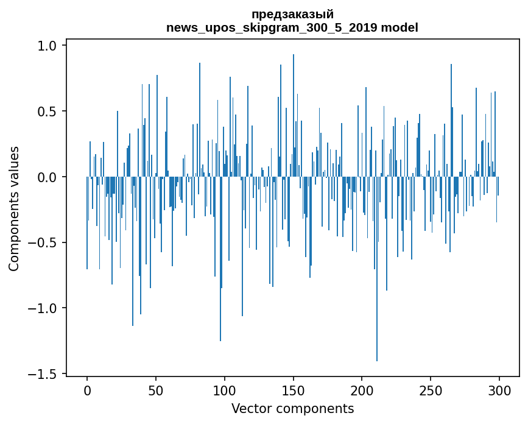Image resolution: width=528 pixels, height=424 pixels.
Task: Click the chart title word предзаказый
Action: (292, 15)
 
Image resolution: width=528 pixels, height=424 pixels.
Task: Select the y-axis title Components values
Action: (14, 208)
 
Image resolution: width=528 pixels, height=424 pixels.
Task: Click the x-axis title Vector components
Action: (292, 409)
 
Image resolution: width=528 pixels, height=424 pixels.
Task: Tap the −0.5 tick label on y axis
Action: (44, 242)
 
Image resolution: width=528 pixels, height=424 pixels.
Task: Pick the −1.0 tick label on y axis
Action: (44, 308)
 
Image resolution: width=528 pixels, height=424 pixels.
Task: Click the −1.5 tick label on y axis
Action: (44, 373)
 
